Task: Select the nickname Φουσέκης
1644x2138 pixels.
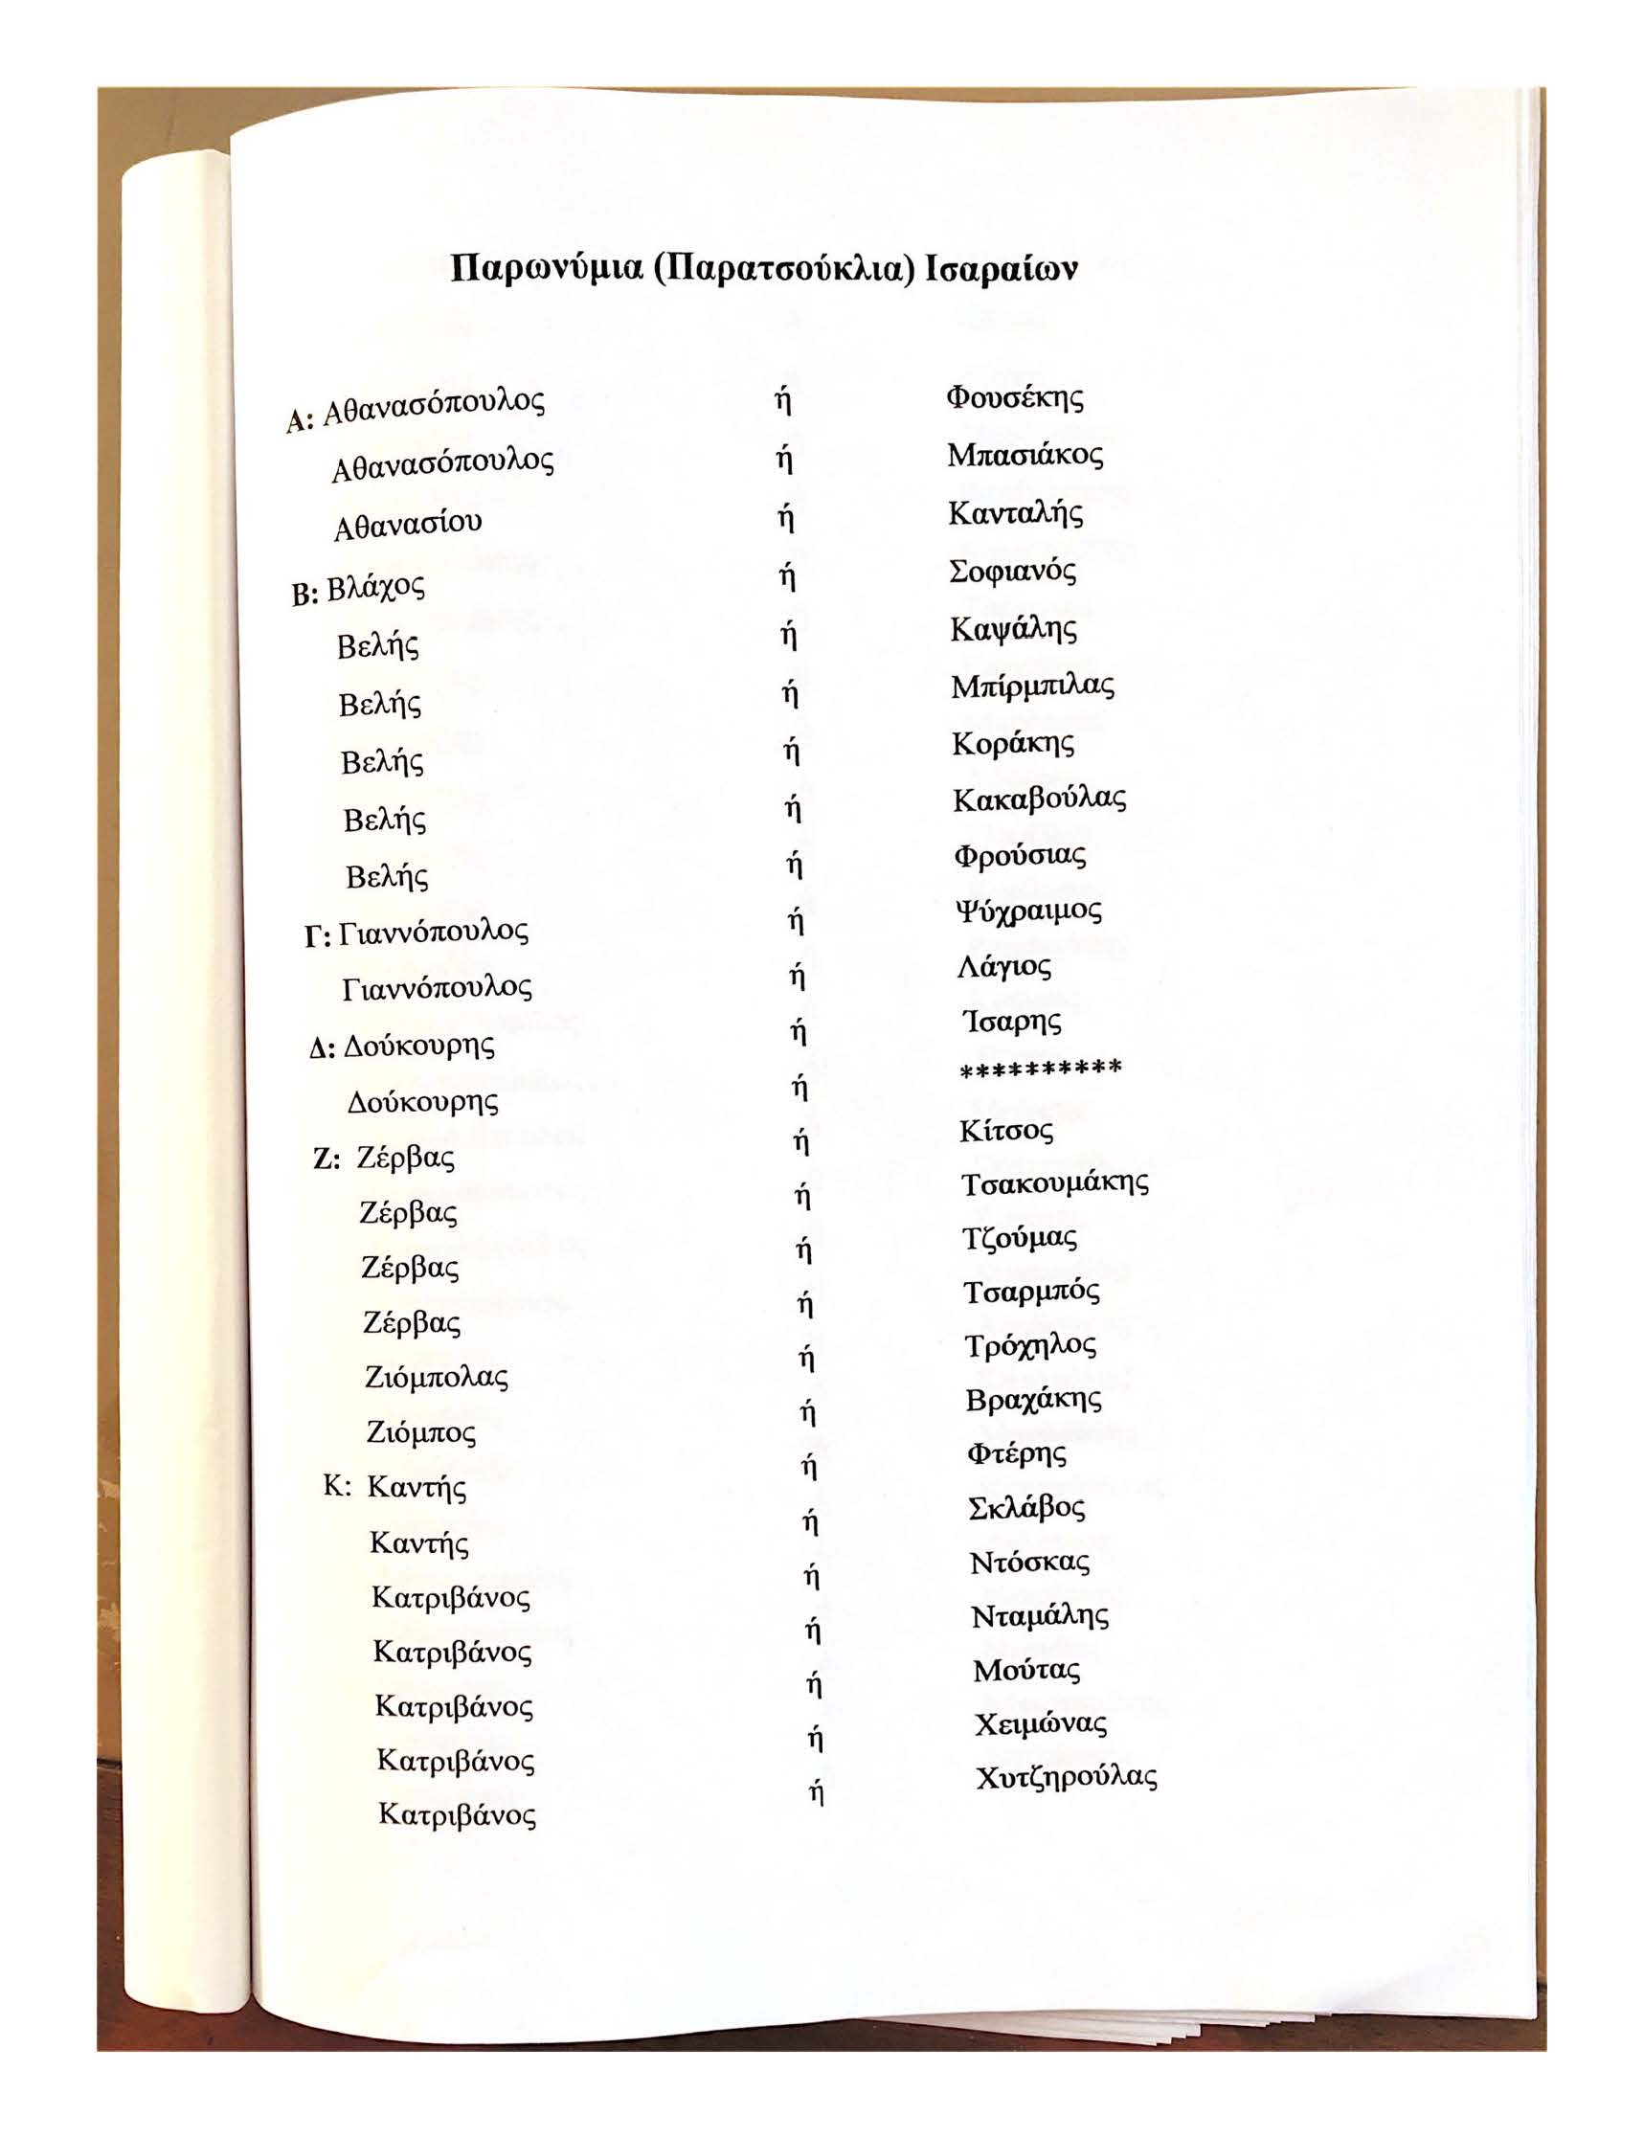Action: pos(1015,398)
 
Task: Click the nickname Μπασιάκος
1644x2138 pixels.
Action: pos(1025,456)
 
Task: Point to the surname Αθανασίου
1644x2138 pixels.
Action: pos(408,526)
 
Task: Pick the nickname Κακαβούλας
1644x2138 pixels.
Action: pos(1039,800)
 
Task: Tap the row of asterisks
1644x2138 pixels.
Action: pos(1040,1069)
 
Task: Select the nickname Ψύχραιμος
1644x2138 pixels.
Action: pos(1028,911)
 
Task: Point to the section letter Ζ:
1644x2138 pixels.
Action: pos(326,1160)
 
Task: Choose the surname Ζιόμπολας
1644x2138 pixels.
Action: pos(437,1378)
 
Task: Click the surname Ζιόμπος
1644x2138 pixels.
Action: pos(420,1433)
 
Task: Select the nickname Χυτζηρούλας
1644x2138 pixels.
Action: pos(1067,1778)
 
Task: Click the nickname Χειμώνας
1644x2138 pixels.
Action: pos(1040,1724)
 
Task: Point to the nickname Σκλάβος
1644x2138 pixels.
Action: pos(1026,1508)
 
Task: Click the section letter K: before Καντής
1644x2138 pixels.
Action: pos(337,1487)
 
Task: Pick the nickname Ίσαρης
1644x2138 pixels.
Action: pos(1012,1023)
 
